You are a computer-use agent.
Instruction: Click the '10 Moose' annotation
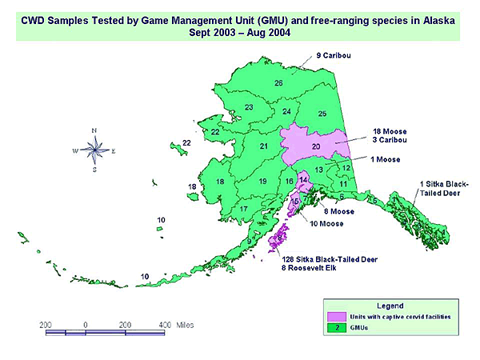click(327, 223)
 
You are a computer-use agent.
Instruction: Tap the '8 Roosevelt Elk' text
click(309, 268)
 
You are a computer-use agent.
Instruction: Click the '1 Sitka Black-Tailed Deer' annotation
click(445, 189)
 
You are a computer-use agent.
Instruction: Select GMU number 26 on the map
click(278, 83)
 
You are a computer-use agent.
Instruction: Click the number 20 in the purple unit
click(315, 146)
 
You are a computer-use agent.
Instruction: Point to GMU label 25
click(322, 114)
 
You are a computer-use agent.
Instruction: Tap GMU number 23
click(249, 107)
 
